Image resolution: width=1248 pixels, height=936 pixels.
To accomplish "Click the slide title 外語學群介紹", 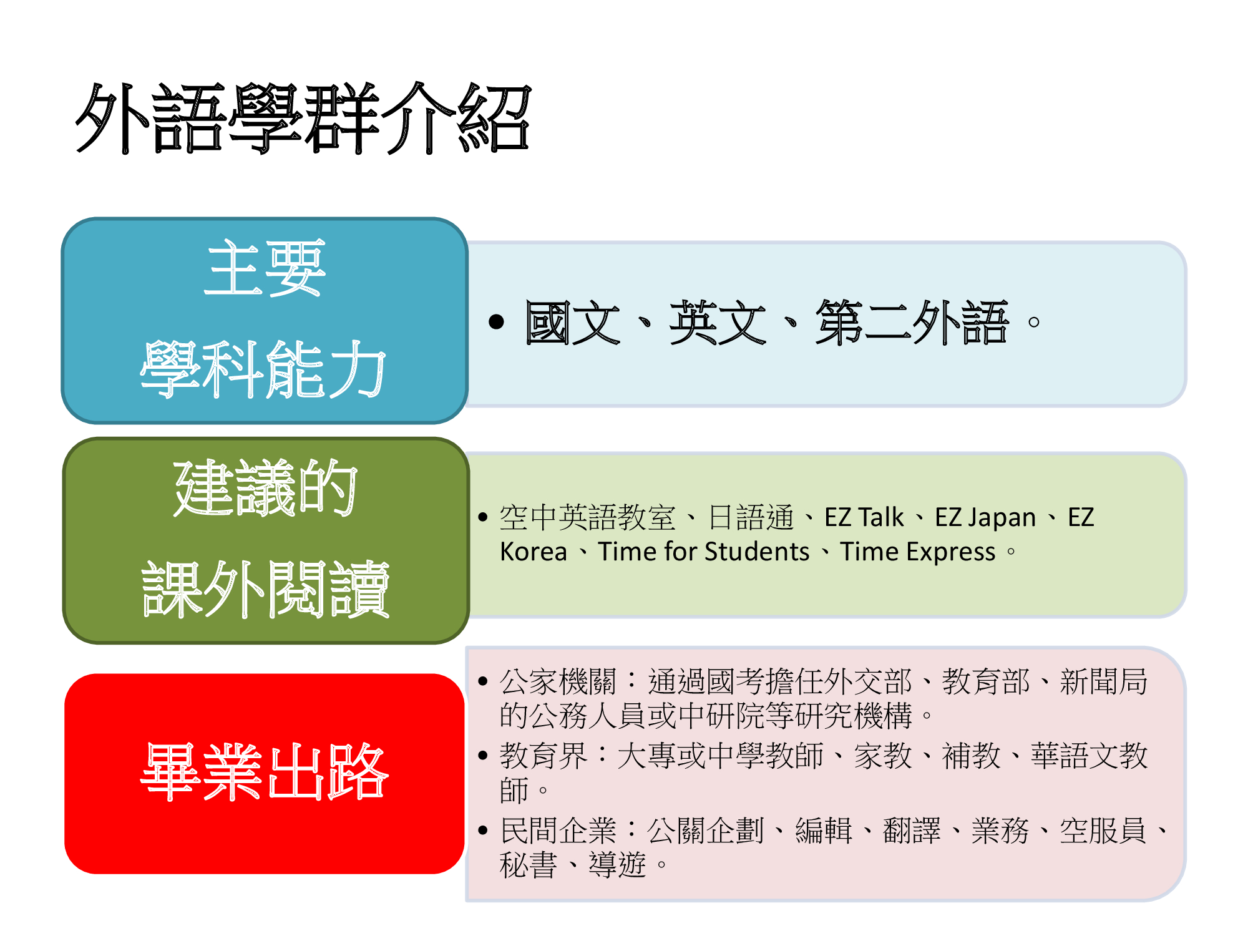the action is pyautogui.click(x=303, y=118).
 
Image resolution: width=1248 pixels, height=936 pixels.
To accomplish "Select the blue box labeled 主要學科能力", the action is pyautogui.click(x=265, y=321).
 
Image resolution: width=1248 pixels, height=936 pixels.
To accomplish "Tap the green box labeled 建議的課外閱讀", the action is pyautogui.click(x=266, y=540).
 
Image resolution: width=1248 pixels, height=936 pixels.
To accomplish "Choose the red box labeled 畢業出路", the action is pyautogui.click(x=265, y=773).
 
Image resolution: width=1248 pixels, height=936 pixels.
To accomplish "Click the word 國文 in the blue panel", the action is pyautogui.click(x=572, y=322).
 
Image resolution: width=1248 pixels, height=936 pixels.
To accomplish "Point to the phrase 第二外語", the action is pyautogui.click(x=912, y=322).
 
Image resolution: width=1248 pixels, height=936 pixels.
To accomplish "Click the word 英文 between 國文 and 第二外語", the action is pyautogui.click(x=718, y=322).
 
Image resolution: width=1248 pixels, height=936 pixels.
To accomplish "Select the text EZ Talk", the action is pyautogui.click(x=864, y=517).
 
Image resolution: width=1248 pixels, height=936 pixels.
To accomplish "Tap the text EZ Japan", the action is pyautogui.click(x=985, y=518).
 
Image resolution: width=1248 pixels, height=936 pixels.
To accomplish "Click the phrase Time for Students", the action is pyautogui.click(x=703, y=552).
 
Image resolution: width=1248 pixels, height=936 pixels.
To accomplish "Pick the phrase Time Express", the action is pyautogui.click(x=917, y=552).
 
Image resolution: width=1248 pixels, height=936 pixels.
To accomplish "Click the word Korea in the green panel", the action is pyautogui.click(x=534, y=552).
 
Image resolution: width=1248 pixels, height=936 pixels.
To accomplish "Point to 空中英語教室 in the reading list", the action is pyautogui.click(x=587, y=517).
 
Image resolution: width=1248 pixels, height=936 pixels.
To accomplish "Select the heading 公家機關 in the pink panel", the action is pyautogui.click(x=558, y=681).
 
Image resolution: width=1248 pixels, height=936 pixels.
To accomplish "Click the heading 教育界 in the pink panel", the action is pyautogui.click(x=544, y=756).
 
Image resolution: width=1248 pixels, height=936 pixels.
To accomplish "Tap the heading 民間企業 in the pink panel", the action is pyautogui.click(x=558, y=831).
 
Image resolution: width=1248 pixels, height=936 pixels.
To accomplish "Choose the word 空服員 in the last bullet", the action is pyautogui.click(x=1103, y=831).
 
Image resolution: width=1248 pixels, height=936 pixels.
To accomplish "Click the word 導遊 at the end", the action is pyautogui.click(x=617, y=865).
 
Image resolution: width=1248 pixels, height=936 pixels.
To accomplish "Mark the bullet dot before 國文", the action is pyautogui.click(x=496, y=322).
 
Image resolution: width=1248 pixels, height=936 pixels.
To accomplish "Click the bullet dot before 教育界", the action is pyautogui.click(x=482, y=756).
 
